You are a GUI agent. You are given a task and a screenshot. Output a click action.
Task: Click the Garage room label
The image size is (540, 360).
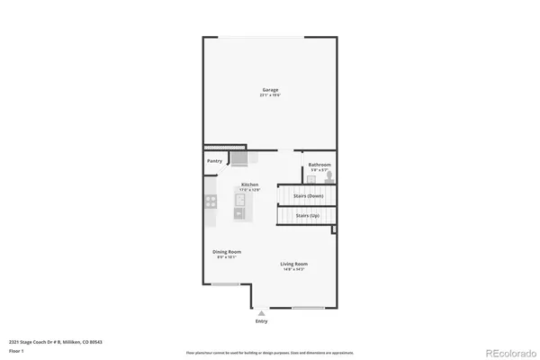pos(270,89)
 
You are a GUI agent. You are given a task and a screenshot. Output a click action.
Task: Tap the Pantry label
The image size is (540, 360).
pos(215,161)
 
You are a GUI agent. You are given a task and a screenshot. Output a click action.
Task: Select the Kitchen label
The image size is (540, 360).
pos(249,184)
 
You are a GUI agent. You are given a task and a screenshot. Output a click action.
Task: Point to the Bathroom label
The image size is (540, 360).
pos(319,165)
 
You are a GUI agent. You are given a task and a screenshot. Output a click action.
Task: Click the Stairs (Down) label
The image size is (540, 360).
pos(309,195)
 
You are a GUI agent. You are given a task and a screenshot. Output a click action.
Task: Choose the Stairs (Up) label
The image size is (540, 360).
pos(307,217)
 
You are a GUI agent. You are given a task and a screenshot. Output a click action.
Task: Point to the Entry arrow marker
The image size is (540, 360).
pos(262,311)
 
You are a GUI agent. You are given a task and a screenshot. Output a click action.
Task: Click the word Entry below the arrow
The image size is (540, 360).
pos(262,320)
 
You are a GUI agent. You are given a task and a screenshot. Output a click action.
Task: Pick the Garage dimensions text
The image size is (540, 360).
pos(270,94)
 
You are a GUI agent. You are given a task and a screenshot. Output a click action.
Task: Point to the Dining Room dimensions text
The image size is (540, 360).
pos(225,257)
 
